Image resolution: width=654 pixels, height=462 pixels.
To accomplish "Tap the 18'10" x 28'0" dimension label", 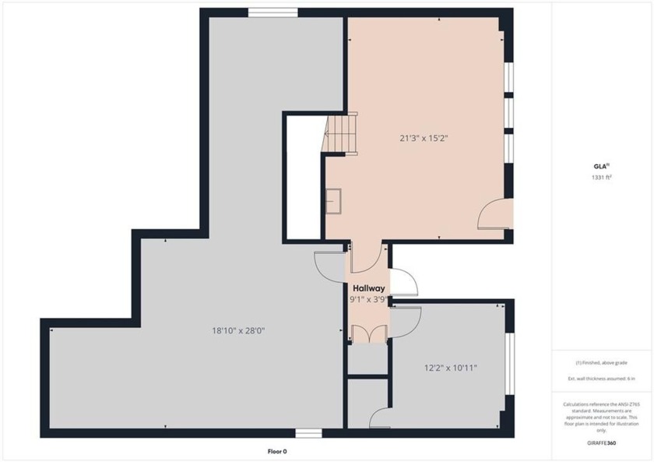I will click(238, 330).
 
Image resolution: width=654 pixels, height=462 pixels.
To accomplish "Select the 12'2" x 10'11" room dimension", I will click(450, 368).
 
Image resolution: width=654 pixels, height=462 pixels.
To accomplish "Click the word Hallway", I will click(369, 288).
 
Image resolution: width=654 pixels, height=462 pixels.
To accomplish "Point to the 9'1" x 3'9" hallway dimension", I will click(367, 298).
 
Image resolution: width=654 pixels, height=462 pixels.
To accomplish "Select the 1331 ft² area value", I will click(601, 178).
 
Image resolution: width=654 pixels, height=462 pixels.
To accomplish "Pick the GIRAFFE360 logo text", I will click(601, 443).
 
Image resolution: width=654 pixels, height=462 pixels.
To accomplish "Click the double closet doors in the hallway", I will click(367, 333).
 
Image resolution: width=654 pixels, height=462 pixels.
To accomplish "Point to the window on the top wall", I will click(272, 12).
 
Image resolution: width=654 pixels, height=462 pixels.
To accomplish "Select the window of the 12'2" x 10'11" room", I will click(510, 364).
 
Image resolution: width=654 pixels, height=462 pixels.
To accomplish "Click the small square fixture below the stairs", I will click(335, 200).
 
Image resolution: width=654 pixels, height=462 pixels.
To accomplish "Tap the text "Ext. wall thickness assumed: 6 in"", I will click(601, 379).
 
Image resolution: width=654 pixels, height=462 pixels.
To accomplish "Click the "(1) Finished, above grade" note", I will click(601, 363).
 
